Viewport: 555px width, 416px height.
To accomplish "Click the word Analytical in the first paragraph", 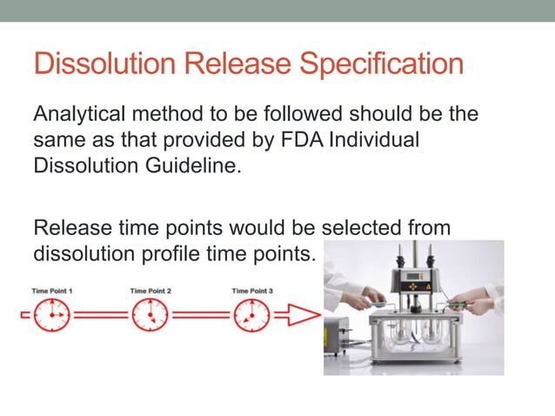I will (77, 116).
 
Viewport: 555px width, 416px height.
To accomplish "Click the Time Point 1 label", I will (52, 290).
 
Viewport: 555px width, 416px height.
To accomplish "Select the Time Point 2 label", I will (150, 290).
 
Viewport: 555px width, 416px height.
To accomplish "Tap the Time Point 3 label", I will (253, 290).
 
